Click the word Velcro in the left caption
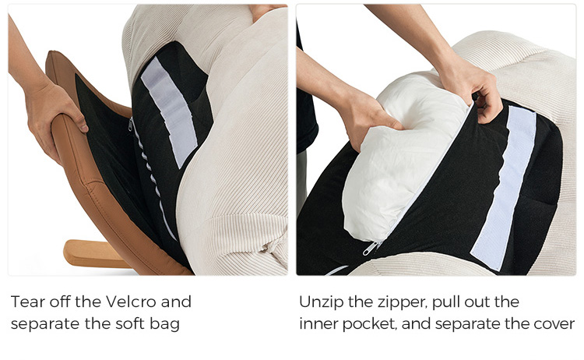click(x=130, y=302)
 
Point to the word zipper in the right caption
click(x=403, y=302)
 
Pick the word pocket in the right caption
click(x=369, y=324)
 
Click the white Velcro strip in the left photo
click(x=169, y=111)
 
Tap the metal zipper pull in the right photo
click(x=371, y=248)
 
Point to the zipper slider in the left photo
click(x=130, y=124)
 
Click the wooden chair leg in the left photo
click(x=94, y=254)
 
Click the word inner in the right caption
click(x=318, y=324)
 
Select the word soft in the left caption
click(x=129, y=323)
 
